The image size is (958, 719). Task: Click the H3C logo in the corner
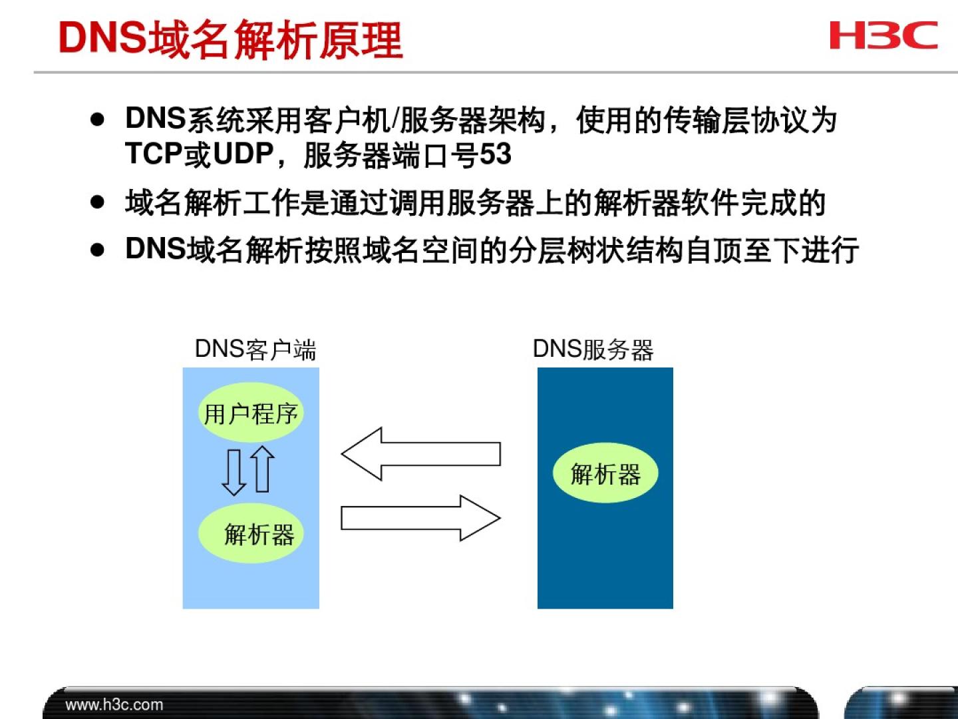pos(883,35)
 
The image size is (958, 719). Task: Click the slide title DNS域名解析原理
pos(230,39)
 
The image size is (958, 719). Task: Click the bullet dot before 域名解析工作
pos(97,202)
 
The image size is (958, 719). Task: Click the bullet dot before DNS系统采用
pos(97,120)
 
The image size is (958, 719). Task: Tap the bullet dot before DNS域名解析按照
pos(97,250)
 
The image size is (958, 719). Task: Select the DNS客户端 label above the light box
pos(255,350)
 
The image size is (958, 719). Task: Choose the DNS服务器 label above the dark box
pos(593,350)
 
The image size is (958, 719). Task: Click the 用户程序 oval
pos(251,413)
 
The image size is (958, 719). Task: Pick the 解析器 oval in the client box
pos(251,533)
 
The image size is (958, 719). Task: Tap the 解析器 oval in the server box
pos(605,473)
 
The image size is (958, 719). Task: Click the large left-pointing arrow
pos(420,454)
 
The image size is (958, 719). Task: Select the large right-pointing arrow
pos(420,518)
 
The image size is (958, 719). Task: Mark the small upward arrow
pos(262,469)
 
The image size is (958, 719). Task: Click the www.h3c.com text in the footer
pos(114,704)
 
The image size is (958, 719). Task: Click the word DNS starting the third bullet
pos(156,248)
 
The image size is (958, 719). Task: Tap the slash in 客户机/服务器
pos(395,119)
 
